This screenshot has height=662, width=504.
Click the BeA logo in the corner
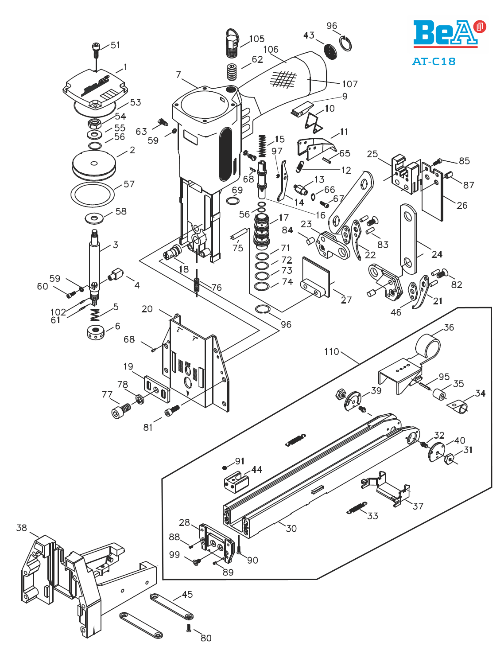point(449,34)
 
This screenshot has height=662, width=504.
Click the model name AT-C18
point(434,62)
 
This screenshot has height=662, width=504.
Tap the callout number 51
point(116,45)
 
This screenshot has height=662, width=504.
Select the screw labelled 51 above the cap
point(95,50)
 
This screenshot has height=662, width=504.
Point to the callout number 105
point(257,39)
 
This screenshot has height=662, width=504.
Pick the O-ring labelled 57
point(93,192)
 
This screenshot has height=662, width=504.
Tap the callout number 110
point(332,352)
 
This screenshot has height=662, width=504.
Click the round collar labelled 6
point(96,332)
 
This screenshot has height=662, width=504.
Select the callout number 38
point(22,528)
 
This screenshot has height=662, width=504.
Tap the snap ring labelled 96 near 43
point(346,44)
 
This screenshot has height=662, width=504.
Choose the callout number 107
point(350,84)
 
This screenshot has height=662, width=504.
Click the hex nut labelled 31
point(449,459)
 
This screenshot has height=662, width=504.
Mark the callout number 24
point(437,254)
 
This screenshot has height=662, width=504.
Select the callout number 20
point(147,309)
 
